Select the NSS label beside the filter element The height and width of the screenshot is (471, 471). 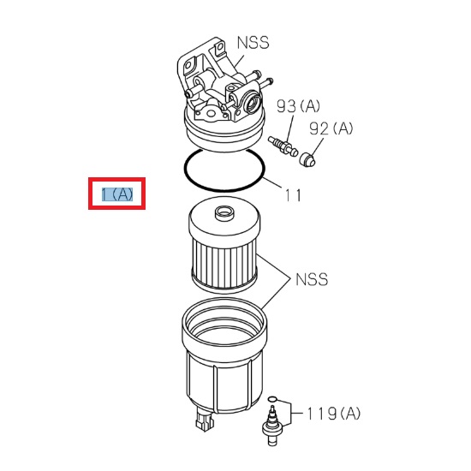coord(312,279)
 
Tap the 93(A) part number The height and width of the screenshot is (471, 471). coord(298,106)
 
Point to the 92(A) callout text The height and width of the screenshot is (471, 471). coord(331,128)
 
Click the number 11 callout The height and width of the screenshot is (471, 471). coord(293,195)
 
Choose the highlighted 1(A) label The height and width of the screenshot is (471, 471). coord(117,194)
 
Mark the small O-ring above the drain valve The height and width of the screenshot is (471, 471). coord(273,399)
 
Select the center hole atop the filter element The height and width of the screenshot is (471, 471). coord(224,211)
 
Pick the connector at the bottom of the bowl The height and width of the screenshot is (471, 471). coord(203,421)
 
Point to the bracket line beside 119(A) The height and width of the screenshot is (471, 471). coord(293,412)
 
